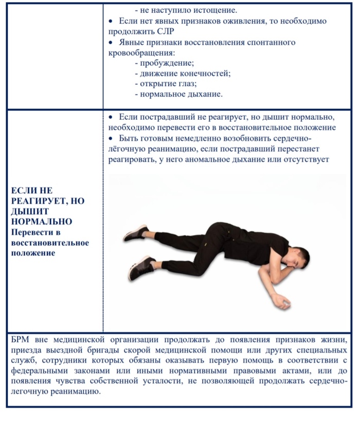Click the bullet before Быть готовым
[111, 139]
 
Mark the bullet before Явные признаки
[111, 42]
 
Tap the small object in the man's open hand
[285, 305]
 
